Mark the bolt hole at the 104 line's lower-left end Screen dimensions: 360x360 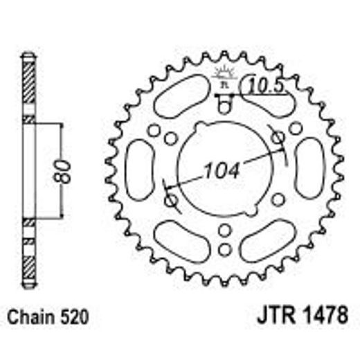(172, 200)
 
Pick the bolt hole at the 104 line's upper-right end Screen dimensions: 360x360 (278, 137)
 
